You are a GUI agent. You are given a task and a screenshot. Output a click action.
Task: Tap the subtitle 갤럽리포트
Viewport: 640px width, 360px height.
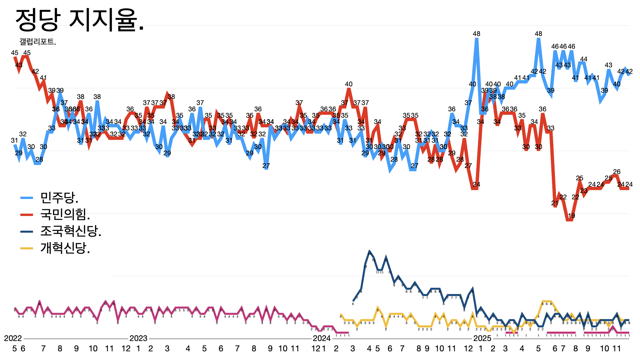(x=38, y=42)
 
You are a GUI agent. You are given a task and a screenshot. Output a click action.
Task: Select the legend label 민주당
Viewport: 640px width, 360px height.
(x=59, y=198)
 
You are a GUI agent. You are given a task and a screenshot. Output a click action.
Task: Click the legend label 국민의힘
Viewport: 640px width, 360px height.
(x=65, y=214)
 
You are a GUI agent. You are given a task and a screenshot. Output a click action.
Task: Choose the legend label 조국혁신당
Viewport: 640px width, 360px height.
(x=71, y=231)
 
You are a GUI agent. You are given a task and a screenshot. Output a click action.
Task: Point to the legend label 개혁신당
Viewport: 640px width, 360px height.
(x=65, y=248)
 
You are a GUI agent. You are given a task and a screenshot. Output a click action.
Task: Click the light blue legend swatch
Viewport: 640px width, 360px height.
(x=27, y=198)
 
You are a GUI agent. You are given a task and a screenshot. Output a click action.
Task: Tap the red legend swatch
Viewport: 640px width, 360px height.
(x=27, y=214)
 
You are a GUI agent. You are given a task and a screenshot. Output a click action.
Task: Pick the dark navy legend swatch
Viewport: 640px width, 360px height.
(x=27, y=231)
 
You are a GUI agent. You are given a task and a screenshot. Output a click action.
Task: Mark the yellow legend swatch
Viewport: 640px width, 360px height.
(x=27, y=248)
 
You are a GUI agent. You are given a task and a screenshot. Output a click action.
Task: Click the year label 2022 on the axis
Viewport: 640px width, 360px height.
(x=13, y=338)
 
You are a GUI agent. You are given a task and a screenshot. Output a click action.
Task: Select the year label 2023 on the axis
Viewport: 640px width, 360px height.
(x=138, y=338)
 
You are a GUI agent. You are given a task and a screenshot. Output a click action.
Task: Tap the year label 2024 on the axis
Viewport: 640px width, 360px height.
(x=322, y=338)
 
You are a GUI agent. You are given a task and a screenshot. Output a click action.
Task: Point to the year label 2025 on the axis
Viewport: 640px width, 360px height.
(x=482, y=338)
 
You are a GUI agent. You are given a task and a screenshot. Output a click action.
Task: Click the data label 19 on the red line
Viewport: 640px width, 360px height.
(x=571, y=216)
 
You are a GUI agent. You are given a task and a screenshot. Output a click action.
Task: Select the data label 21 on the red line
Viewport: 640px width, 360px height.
(x=555, y=203)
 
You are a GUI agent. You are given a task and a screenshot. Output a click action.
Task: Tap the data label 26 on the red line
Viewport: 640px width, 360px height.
(x=617, y=172)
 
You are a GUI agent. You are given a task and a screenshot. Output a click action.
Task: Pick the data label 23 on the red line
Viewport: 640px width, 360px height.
(x=584, y=191)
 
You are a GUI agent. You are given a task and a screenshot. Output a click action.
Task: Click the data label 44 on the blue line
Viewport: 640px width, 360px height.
(x=584, y=59)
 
